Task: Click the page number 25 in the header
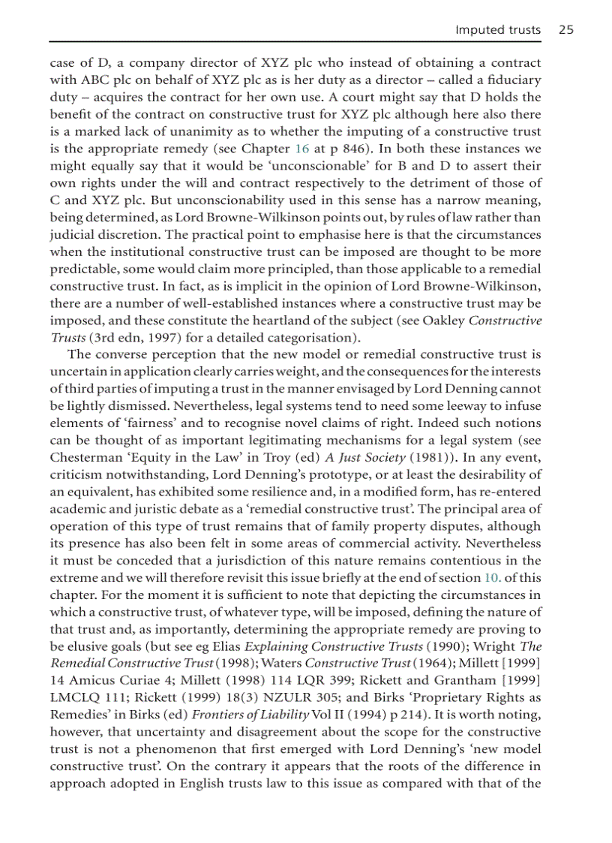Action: pyautogui.click(x=565, y=30)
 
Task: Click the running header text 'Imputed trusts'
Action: pyautogui.click(x=498, y=30)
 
